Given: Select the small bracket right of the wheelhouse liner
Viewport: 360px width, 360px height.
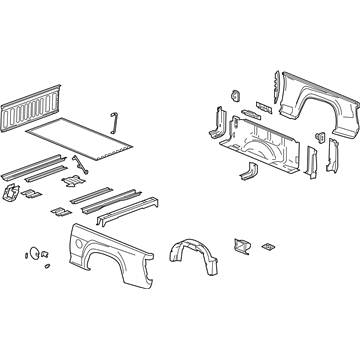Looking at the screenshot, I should point(240,247).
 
